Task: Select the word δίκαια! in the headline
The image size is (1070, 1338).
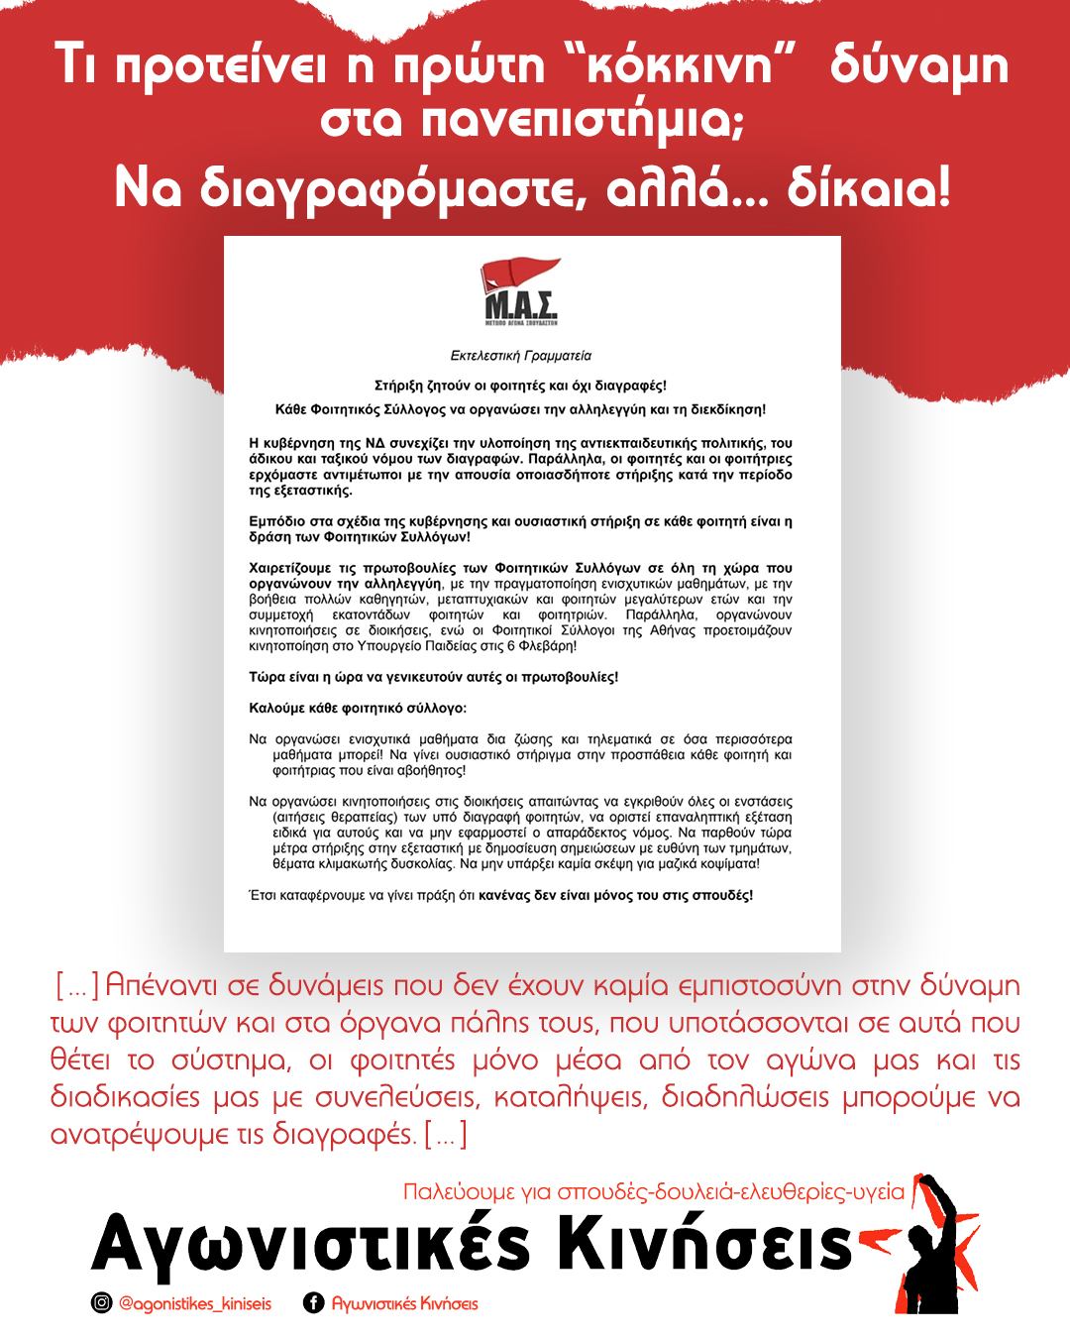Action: [x=869, y=187]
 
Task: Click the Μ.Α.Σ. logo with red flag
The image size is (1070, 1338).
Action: [x=521, y=291]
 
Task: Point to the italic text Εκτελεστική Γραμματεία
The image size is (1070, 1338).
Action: [x=520, y=356]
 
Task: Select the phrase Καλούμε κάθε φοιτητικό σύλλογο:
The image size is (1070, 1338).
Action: [x=358, y=709]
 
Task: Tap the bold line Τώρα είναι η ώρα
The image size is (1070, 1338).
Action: [x=433, y=678]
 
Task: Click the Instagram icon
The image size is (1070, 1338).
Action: [x=101, y=1303]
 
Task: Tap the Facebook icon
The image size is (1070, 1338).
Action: [x=313, y=1303]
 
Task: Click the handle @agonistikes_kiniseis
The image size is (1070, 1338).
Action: [x=195, y=1303]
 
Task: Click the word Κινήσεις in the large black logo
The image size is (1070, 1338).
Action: [x=704, y=1243]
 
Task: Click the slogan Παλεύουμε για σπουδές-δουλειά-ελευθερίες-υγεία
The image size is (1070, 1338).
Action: [x=654, y=1191]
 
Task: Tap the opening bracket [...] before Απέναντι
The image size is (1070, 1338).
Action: [x=76, y=986]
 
